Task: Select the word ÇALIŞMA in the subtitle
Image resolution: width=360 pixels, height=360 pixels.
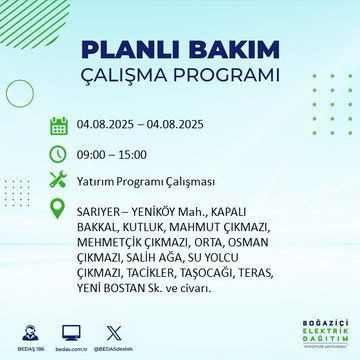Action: [132, 76]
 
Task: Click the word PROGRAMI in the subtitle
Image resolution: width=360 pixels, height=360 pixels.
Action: [225, 76]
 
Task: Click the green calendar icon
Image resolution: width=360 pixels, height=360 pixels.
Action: [58, 126]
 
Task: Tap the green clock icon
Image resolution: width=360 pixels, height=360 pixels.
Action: [58, 153]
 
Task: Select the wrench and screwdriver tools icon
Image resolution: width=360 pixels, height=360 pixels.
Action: [58, 181]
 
